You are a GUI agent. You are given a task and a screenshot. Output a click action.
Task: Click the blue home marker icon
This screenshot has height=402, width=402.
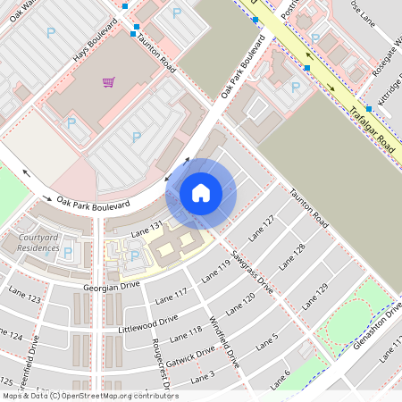(x=201, y=193)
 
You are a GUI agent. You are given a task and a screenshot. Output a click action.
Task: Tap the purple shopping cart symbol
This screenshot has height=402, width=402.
(x=108, y=82)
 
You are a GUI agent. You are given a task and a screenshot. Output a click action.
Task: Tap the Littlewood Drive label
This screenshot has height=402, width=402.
(x=148, y=322)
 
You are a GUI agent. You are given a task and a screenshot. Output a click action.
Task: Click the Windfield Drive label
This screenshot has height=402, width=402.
(x=224, y=344)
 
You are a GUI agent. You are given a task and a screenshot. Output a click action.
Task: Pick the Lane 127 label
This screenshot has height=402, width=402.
(x=262, y=227)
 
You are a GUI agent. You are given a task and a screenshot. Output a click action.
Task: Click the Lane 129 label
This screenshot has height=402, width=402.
(x=315, y=294)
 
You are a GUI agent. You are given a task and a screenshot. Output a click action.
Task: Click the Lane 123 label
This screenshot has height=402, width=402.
(x=29, y=297)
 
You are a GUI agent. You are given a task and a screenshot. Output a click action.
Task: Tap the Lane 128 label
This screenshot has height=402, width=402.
(x=293, y=255)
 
